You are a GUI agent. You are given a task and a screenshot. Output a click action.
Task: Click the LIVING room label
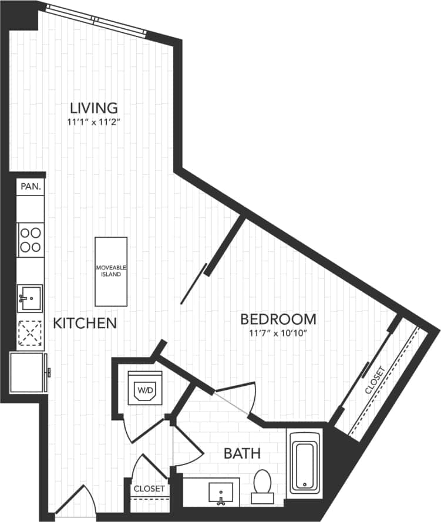click(x=94, y=108)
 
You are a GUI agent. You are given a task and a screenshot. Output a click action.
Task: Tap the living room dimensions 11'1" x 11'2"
click(x=94, y=123)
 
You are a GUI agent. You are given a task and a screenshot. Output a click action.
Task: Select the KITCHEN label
click(x=85, y=323)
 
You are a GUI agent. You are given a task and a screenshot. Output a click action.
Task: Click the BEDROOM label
click(x=278, y=319)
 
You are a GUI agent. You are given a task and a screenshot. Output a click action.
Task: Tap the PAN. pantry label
click(x=31, y=187)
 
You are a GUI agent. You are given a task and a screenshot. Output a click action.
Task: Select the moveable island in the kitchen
click(x=111, y=271)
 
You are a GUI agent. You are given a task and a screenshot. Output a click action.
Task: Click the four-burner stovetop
click(x=30, y=240)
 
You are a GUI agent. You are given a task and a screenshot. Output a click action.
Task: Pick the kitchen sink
click(x=31, y=298)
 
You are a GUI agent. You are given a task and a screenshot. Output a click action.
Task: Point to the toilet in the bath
click(x=262, y=485)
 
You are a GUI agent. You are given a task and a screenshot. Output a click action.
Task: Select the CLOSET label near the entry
click(x=149, y=488)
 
